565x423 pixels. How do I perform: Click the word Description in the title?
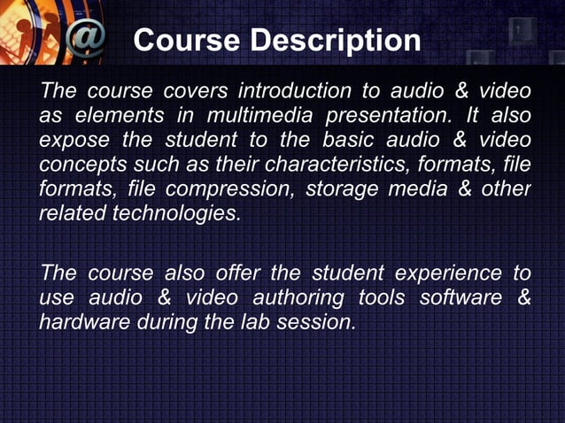[x=336, y=41]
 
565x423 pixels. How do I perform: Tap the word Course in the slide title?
[x=188, y=41]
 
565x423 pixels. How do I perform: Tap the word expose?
[x=70, y=141]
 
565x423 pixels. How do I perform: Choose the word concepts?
[x=78, y=165]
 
